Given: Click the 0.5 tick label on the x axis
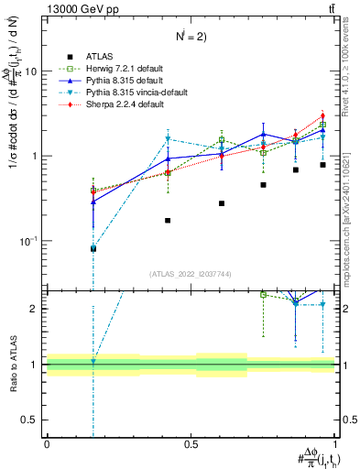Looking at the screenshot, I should (x=191, y=442).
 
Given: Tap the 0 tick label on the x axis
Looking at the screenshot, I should (x=47, y=442).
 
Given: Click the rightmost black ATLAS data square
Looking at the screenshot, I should (x=322, y=165).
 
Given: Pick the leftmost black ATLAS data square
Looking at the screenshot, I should (x=93, y=248).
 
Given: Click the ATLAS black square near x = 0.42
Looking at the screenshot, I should (x=168, y=220).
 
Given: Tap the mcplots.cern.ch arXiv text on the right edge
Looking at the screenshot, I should (x=352, y=211).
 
